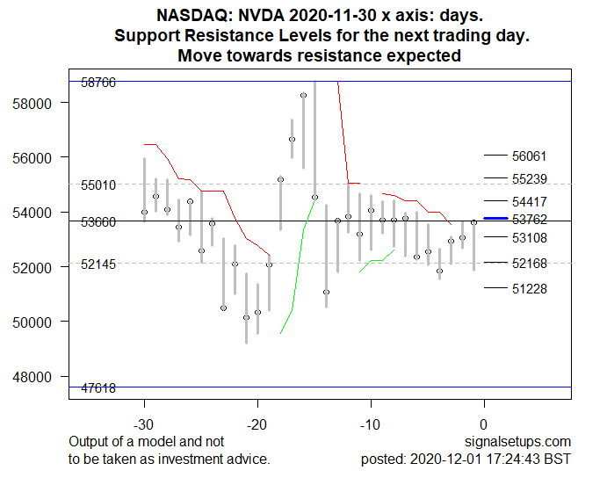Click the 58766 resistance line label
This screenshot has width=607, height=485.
point(98,82)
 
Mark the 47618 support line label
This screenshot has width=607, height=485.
point(98,387)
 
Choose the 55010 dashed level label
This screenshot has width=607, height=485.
point(98,185)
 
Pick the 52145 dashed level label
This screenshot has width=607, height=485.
point(98,264)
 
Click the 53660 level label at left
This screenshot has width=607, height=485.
point(98,222)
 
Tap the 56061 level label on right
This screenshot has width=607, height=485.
point(529,156)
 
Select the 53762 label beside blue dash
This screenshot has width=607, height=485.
point(529,219)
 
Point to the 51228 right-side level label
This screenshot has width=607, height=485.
point(529,288)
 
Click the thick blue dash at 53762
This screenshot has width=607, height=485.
point(496,218)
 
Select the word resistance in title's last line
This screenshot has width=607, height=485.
point(345,55)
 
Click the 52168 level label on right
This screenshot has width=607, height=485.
point(529,263)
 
